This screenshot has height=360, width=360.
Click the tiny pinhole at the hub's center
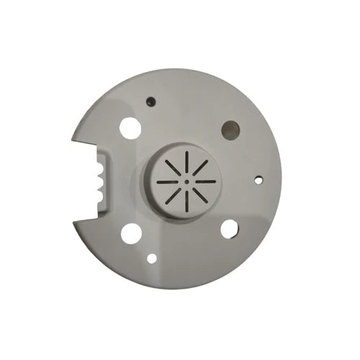click(186, 181)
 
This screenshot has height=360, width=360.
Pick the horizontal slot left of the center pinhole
click(167, 182)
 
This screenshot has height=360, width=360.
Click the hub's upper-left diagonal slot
click(174, 168)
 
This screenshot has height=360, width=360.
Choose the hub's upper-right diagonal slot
click(200, 168)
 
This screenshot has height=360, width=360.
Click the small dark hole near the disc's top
click(150, 102)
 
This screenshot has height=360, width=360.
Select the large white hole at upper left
click(130, 128)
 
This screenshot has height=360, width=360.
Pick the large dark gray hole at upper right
click(230, 130)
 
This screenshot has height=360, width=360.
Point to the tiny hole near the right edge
click(258, 179)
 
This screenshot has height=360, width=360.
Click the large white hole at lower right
click(229, 229)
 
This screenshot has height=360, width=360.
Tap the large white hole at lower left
click(131, 233)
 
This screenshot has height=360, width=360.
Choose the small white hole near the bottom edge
click(152, 257)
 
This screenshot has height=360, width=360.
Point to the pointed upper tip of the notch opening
click(76, 136)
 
